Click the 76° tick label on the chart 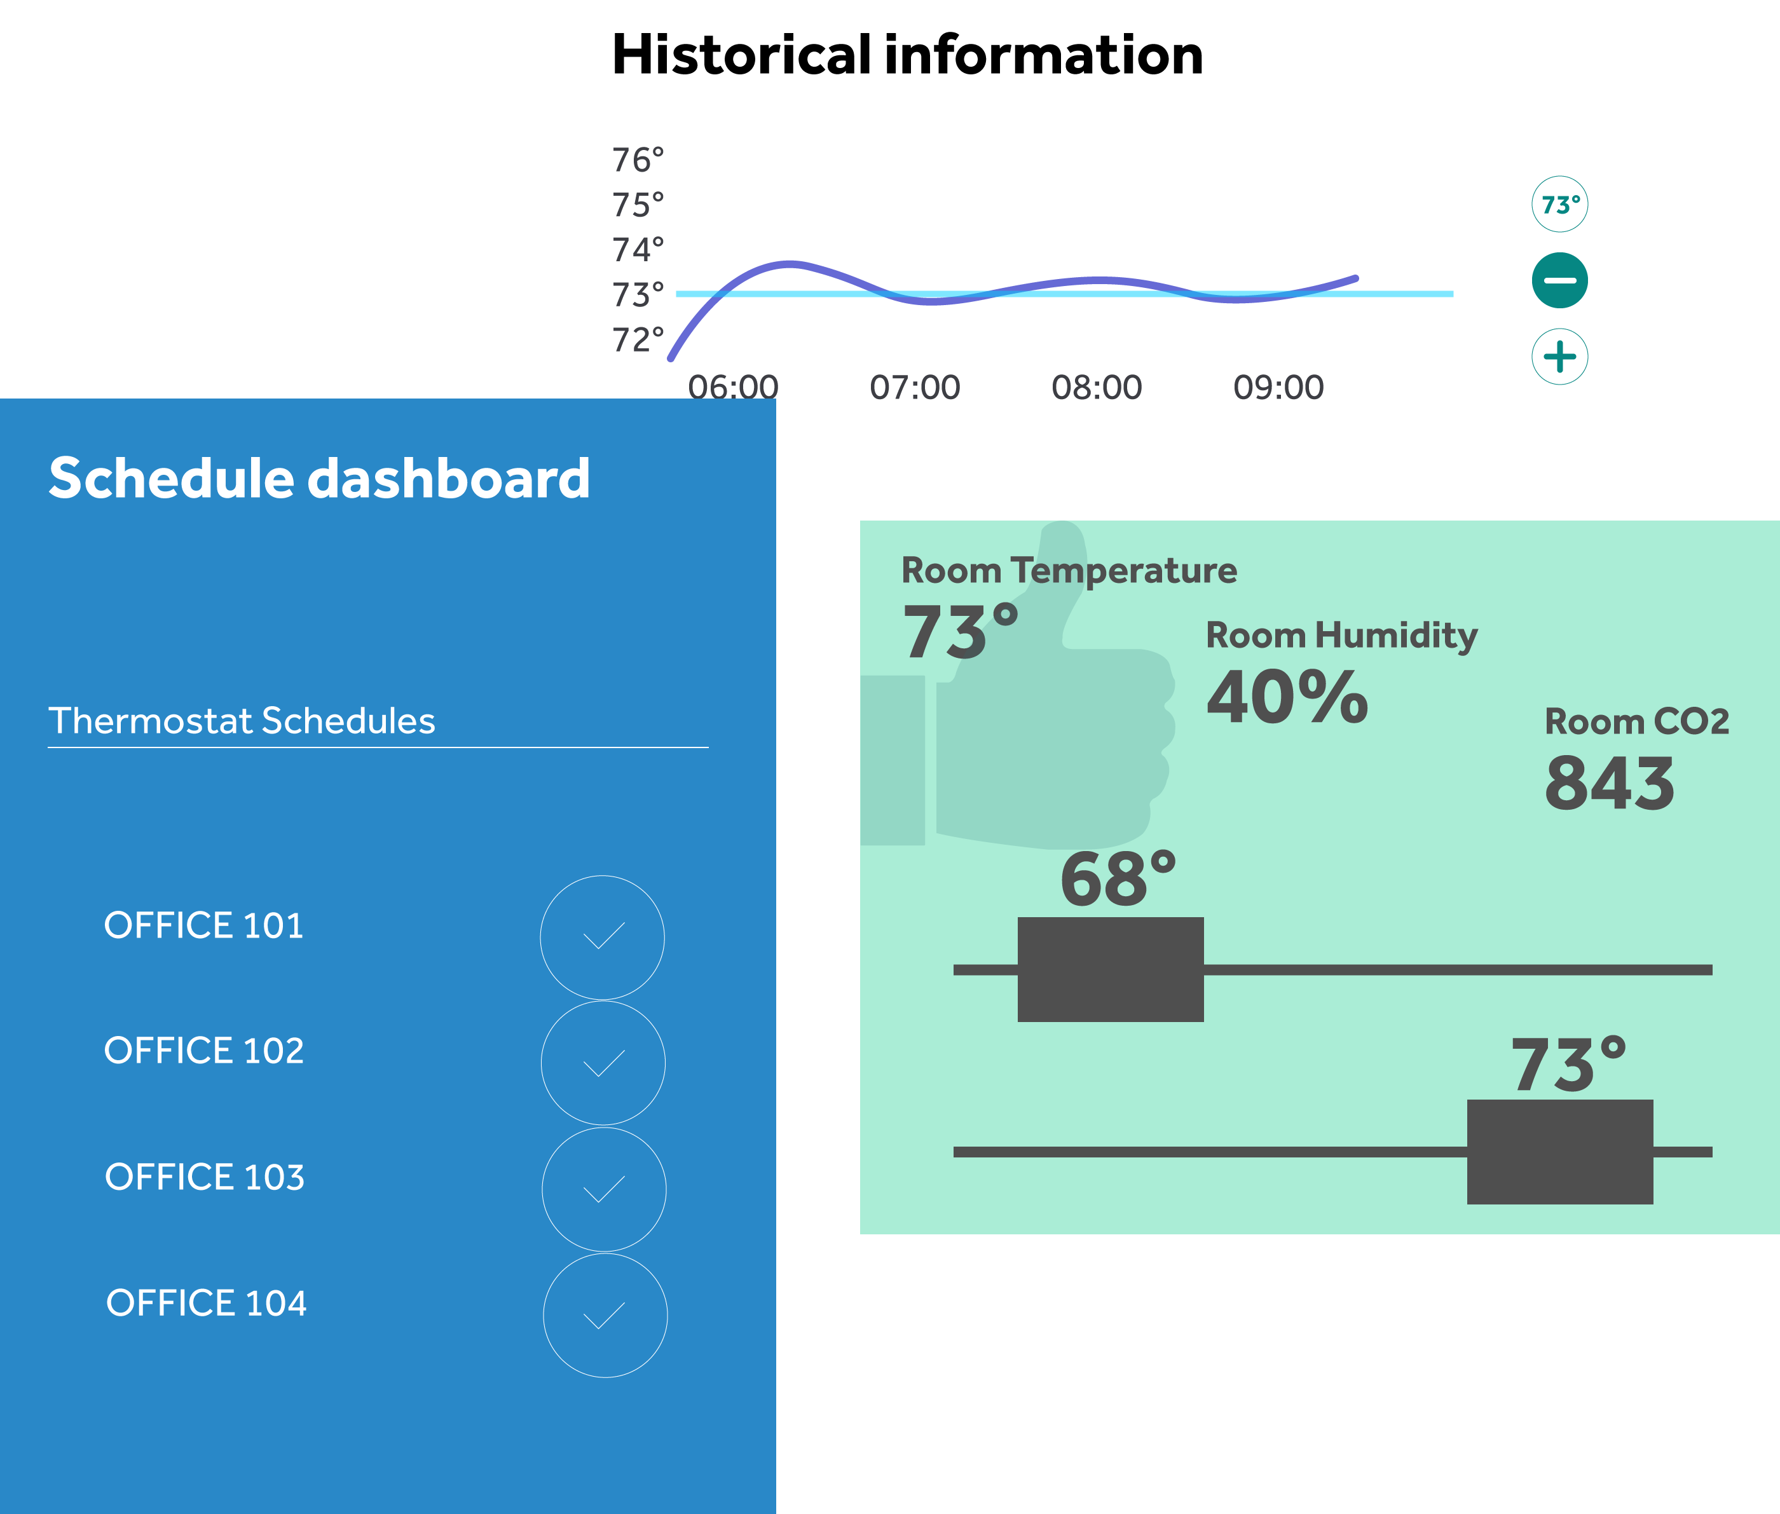(638, 160)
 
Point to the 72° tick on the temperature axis (638, 340)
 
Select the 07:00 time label (915, 387)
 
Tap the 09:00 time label (1279, 387)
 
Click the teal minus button (1559, 281)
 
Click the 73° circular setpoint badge (1559, 204)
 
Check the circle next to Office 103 (604, 1189)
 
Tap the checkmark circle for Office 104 (605, 1315)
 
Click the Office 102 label (204, 1051)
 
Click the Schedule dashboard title (319, 478)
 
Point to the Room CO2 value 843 (1609, 783)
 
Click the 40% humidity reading (1287, 696)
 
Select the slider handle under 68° (1111, 969)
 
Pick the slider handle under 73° (1559, 1152)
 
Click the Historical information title (907, 55)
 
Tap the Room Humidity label (1341, 635)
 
